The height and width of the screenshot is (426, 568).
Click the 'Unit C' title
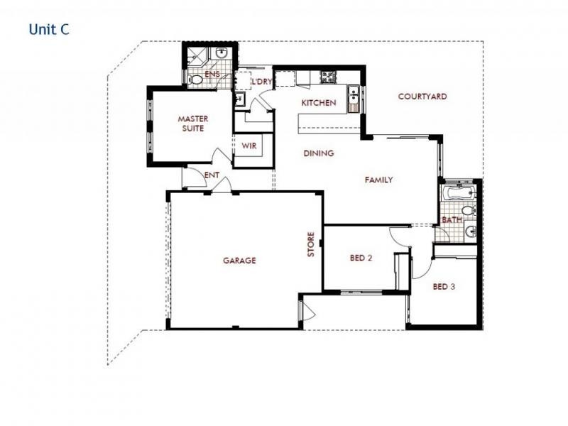click(x=48, y=30)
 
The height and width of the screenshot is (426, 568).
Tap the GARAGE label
click(x=239, y=261)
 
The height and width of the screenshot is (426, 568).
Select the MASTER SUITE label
click(x=191, y=124)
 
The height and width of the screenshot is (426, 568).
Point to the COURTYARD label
click(x=422, y=97)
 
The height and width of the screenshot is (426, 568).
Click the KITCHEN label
click(x=319, y=103)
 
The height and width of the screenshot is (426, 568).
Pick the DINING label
click(x=318, y=153)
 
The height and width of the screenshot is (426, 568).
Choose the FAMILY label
click(x=379, y=180)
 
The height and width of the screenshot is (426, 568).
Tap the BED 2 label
click(x=361, y=258)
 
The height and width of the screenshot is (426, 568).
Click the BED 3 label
click(x=444, y=287)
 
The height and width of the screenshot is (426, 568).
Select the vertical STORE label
click(x=310, y=245)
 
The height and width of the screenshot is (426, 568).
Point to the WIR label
click(x=248, y=146)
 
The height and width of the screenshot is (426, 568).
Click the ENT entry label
click(x=211, y=175)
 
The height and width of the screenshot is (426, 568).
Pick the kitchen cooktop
click(x=328, y=75)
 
